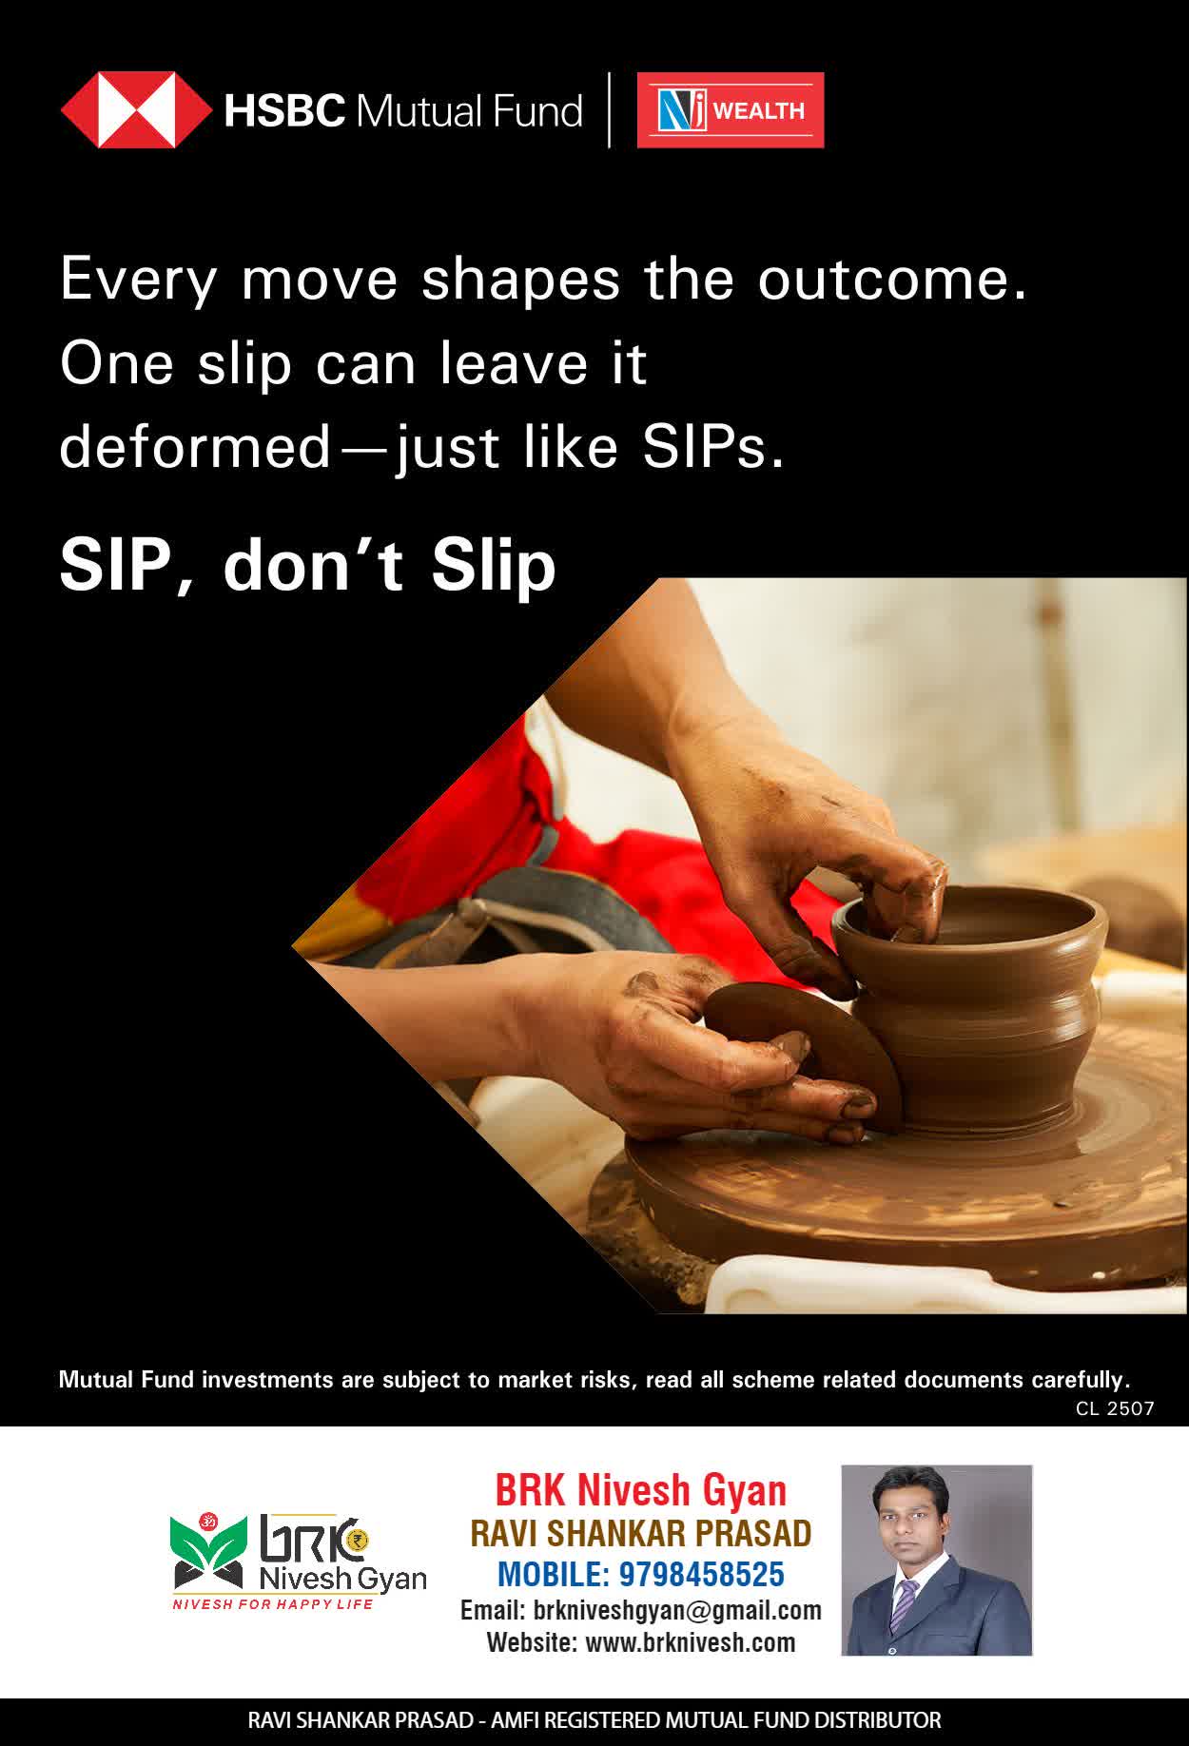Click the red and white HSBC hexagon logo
click(136, 110)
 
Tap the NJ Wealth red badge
click(730, 110)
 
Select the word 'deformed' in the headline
click(195, 447)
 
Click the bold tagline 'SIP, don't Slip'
click(307, 565)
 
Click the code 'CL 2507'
click(1115, 1408)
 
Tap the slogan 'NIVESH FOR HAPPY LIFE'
click(272, 1604)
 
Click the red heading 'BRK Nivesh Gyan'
click(641, 1490)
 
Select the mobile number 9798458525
click(702, 1575)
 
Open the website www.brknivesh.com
click(690, 1643)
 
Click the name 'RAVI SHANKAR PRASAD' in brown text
click(641, 1533)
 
